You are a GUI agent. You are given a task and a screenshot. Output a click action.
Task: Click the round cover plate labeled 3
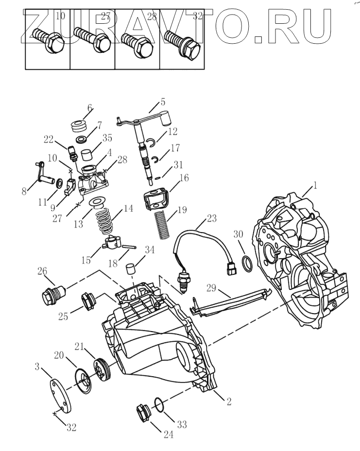click(x=61, y=392)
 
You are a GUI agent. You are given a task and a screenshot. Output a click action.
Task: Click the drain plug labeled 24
click(x=144, y=414)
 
